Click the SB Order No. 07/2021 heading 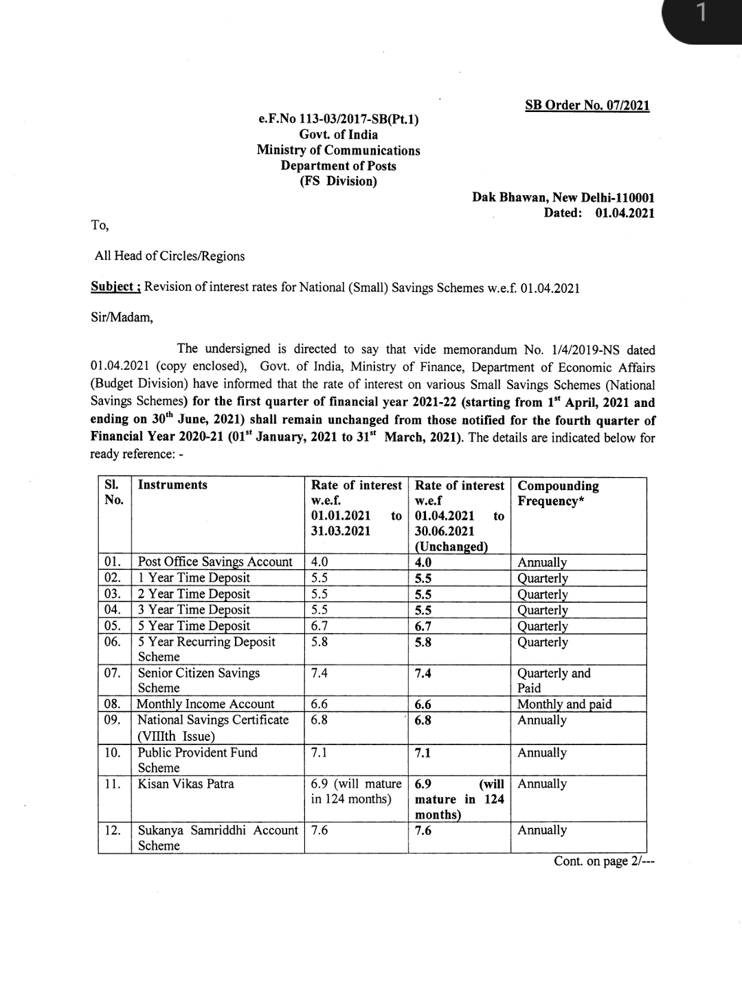(x=587, y=105)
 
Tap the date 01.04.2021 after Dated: (x=625, y=213)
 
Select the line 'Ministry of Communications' (x=338, y=151)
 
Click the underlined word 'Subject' (x=114, y=287)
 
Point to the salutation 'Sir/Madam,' (x=122, y=318)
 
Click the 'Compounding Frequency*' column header (x=558, y=493)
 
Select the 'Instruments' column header (x=172, y=485)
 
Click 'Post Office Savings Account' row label (x=215, y=562)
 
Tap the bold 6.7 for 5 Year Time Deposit (x=423, y=626)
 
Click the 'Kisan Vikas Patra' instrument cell (x=185, y=784)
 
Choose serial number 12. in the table (x=113, y=830)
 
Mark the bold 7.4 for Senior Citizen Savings (x=423, y=674)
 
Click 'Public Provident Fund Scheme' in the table (x=197, y=759)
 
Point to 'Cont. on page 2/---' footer (x=604, y=861)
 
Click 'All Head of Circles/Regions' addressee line (x=170, y=256)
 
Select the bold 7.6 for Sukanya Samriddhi (x=423, y=830)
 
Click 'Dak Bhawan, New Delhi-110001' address (x=563, y=197)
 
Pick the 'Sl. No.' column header (x=113, y=492)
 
